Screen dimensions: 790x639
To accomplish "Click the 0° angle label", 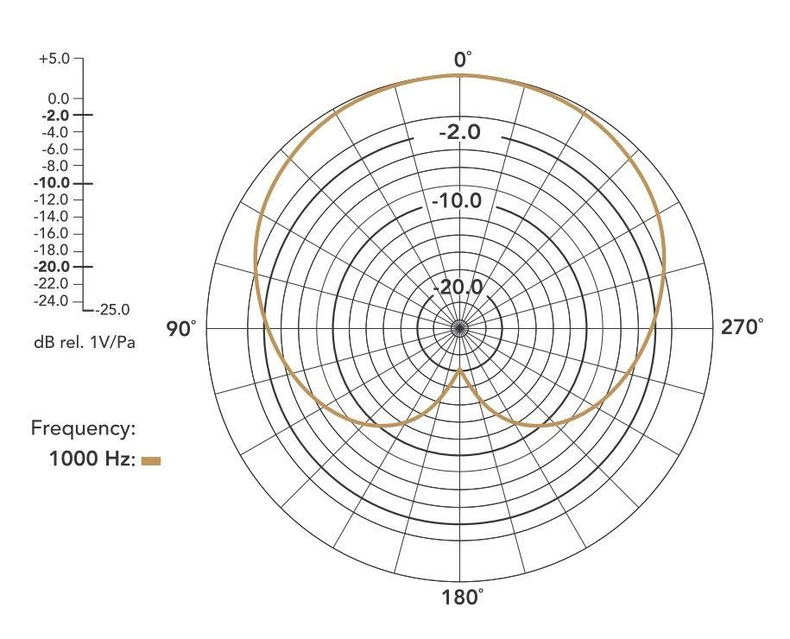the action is [463, 60].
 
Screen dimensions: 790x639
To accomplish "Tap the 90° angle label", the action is [180, 329].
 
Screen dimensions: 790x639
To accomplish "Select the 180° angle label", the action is [462, 598].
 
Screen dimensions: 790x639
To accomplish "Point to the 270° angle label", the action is [742, 327].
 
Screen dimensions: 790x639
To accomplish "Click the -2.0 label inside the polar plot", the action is [460, 132].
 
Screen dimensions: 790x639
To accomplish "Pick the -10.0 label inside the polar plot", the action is [457, 201].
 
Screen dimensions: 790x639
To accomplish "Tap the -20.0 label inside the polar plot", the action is [458, 288].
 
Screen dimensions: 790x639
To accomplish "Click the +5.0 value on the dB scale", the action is [54, 59].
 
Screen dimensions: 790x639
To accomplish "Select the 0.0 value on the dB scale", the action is [59, 98].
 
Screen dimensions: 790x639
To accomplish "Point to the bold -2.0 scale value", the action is [55, 116].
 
